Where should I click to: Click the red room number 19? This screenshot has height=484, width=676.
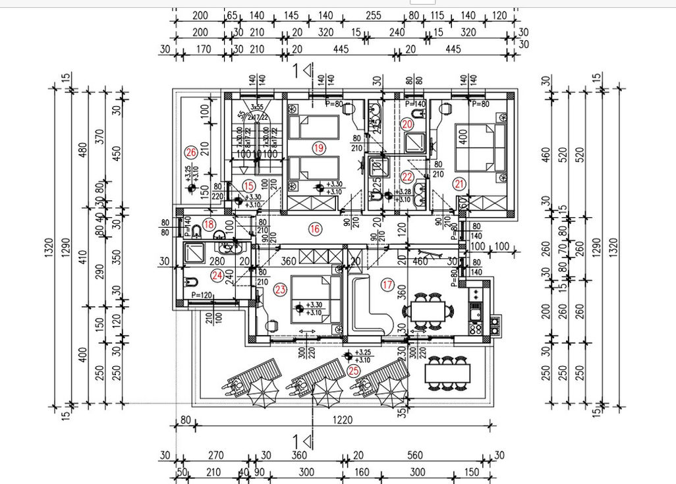pos(319,148)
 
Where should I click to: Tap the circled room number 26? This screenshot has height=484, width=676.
pos(191,153)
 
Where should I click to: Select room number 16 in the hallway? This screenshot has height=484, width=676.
pos(314,229)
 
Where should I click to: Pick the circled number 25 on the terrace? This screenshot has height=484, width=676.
pos(354,371)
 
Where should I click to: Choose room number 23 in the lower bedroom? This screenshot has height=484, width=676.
pos(280,288)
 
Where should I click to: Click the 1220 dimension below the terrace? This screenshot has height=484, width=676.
pos(341,419)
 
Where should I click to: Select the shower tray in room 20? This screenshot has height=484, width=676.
pos(415,142)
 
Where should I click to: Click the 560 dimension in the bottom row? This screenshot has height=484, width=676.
pos(414,455)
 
